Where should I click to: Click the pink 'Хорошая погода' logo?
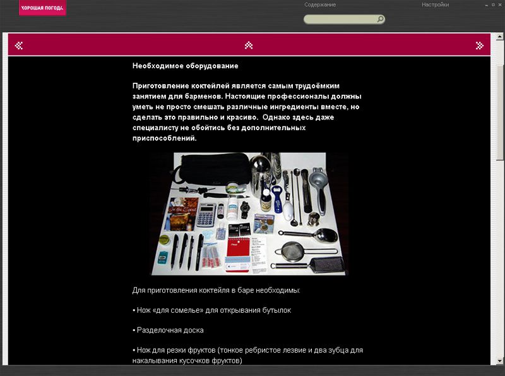coord(42,8)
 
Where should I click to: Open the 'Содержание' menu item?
coord(320,5)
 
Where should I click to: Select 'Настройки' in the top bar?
coord(435,5)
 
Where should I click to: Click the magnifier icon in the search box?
coord(380,20)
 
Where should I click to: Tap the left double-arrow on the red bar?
coord(19,45)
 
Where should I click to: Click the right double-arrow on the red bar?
coord(480,45)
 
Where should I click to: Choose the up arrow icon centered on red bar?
coord(248,45)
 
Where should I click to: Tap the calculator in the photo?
coord(206,215)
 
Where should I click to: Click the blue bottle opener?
coord(277,199)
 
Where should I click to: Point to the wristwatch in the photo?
coord(244,210)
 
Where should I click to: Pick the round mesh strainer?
coord(292,252)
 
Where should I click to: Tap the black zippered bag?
coord(213,169)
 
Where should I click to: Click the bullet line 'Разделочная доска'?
coord(168,331)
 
